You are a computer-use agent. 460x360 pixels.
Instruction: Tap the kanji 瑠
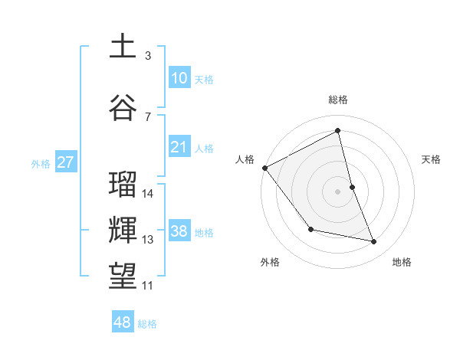click(x=123, y=184)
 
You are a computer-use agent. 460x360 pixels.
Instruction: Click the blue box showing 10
click(x=179, y=77)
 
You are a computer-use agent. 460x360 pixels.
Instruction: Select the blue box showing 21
click(x=179, y=146)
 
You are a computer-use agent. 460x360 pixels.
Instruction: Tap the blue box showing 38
click(x=179, y=231)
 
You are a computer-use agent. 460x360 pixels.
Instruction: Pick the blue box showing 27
click(x=66, y=162)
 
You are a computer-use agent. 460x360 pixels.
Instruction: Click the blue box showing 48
click(x=123, y=322)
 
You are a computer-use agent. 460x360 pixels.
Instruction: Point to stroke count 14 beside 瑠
click(x=149, y=193)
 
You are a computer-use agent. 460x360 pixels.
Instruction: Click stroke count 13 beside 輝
click(x=149, y=240)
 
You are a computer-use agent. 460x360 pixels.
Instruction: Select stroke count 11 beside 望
click(x=148, y=286)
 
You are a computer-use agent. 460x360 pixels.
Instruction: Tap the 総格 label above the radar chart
click(x=338, y=100)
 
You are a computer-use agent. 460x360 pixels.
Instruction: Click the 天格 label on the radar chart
click(x=432, y=159)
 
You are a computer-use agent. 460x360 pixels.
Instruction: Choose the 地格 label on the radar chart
click(x=402, y=262)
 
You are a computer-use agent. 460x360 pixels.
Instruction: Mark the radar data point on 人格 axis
click(x=264, y=168)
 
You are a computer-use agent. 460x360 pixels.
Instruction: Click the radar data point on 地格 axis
click(x=374, y=242)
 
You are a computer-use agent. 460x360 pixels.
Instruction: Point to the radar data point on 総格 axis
click(x=338, y=131)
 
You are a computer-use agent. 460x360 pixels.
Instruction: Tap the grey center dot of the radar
click(x=338, y=191)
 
